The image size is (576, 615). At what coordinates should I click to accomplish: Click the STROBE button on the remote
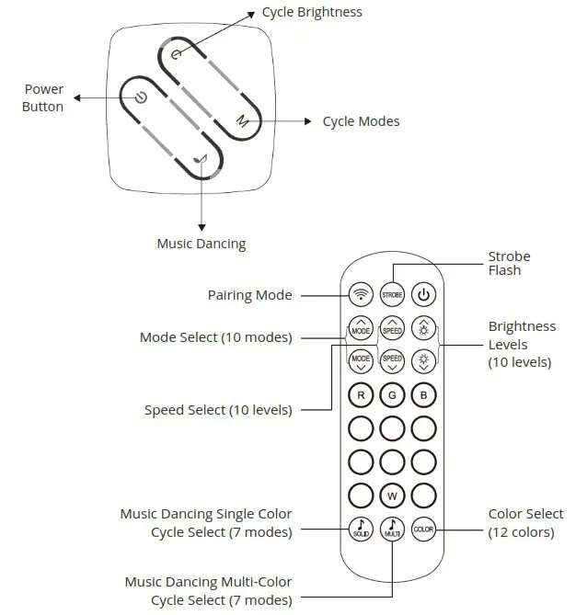(393, 295)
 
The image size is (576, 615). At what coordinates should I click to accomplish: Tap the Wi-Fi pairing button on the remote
(361, 295)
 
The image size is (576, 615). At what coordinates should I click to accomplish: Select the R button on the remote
(361, 396)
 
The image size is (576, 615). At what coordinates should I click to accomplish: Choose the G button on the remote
(393, 396)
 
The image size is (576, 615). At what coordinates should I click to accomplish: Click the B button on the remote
(423, 396)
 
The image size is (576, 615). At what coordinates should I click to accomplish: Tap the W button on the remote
(393, 496)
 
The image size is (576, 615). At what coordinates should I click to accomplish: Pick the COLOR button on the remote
(423, 530)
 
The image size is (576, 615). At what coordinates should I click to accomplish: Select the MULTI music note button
(393, 530)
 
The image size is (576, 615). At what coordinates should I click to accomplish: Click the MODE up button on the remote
(361, 328)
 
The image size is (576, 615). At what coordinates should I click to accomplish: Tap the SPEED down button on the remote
(393, 360)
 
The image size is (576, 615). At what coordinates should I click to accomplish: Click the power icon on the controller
(140, 97)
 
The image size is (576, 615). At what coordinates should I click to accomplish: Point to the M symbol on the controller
(242, 120)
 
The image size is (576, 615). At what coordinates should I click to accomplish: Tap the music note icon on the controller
(202, 160)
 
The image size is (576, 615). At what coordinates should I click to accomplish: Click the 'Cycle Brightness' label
(312, 12)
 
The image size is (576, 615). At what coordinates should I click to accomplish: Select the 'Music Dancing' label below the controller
(201, 244)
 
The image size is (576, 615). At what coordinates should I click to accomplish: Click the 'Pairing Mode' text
(249, 295)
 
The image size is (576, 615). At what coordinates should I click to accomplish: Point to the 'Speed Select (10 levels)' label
(218, 410)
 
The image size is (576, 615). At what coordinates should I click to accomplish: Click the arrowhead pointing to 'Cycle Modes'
(310, 121)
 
